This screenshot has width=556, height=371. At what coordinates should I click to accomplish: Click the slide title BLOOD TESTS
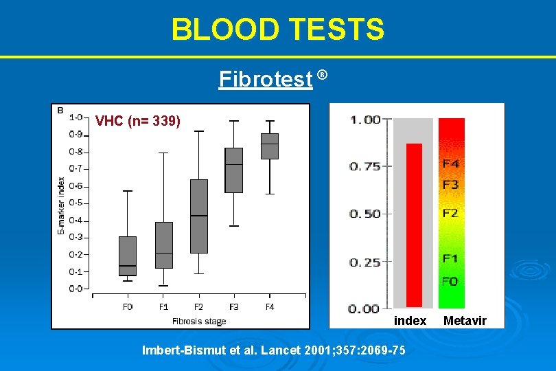(278, 30)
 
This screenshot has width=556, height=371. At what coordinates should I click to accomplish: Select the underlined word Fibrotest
(265, 80)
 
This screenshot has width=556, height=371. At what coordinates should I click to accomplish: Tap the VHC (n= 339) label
(138, 122)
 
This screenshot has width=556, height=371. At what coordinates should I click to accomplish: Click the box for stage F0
(128, 256)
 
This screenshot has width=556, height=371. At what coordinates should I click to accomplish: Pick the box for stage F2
(199, 216)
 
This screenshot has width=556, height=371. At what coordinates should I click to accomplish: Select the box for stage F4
(270, 146)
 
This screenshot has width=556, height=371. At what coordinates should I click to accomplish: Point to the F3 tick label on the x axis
(234, 306)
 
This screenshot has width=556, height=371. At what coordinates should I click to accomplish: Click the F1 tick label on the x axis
(163, 306)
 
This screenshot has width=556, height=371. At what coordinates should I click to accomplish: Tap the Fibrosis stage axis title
(198, 321)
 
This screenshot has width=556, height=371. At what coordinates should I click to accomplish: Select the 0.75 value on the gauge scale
(364, 166)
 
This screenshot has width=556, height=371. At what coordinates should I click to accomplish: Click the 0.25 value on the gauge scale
(364, 262)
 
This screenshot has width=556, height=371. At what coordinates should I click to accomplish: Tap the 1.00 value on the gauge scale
(364, 120)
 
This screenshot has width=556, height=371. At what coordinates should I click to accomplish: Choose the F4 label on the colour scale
(451, 164)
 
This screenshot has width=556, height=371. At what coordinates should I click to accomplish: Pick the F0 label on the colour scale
(451, 281)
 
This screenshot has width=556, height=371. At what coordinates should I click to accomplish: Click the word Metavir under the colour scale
(465, 321)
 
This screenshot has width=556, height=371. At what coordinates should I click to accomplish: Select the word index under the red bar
(410, 321)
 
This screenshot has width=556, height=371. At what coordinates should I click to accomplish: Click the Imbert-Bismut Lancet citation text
(273, 350)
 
